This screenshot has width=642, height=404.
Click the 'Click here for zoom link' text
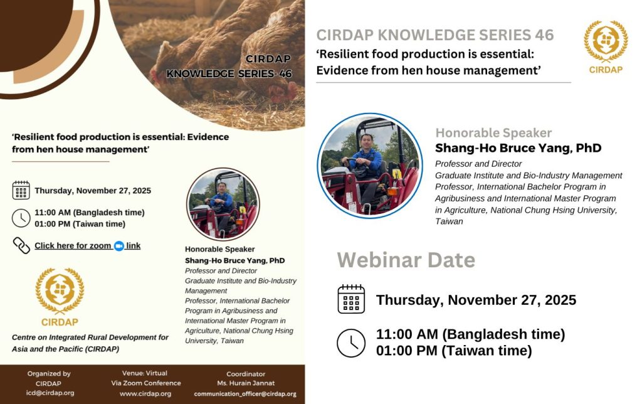tap(87, 246)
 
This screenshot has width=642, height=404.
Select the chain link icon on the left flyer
tap(21, 245)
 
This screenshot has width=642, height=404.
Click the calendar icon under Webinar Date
tap(351, 299)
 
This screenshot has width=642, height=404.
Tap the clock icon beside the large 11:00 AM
tap(351, 343)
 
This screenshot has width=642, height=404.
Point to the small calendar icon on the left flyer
tap(21, 190)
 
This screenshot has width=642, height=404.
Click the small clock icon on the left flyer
tap(21, 218)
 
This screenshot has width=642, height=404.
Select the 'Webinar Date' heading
tap(406, 260)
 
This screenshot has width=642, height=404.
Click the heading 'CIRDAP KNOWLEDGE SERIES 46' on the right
tap(435, 35)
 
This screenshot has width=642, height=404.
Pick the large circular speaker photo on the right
tap(370, 166)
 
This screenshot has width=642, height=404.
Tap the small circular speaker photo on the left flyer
tap(223, 204)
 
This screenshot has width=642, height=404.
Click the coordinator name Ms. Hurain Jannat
tap(246, 383)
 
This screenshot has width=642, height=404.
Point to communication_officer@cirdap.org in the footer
tap(245, 394)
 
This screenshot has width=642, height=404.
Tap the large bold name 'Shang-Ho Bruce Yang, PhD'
tap(518, 149)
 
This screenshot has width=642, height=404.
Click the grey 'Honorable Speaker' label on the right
tap(493, 133)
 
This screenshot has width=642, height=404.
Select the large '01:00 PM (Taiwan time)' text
tap(454, 351)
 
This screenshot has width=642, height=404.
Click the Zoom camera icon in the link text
tap(118, 246)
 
